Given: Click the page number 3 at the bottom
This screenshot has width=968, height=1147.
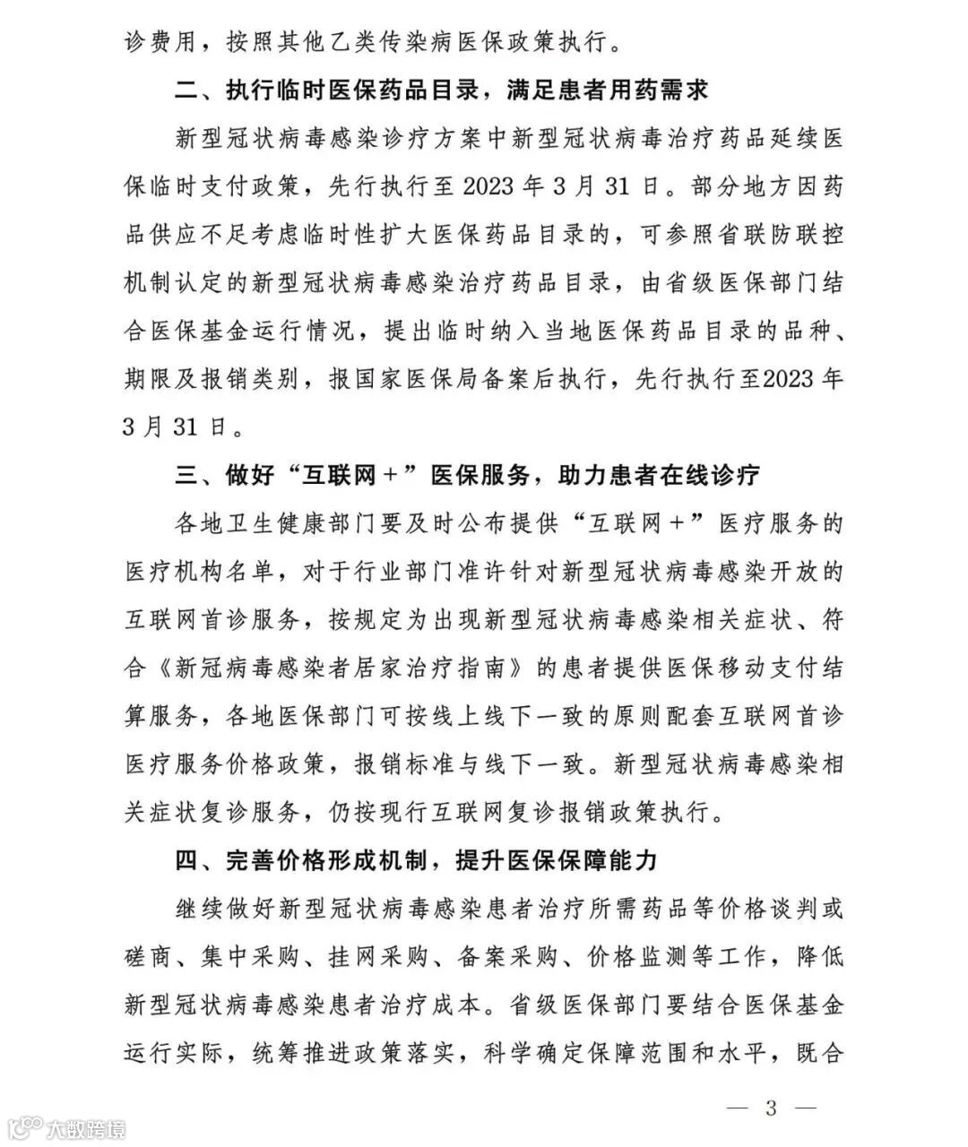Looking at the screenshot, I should tap(771, 1108).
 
